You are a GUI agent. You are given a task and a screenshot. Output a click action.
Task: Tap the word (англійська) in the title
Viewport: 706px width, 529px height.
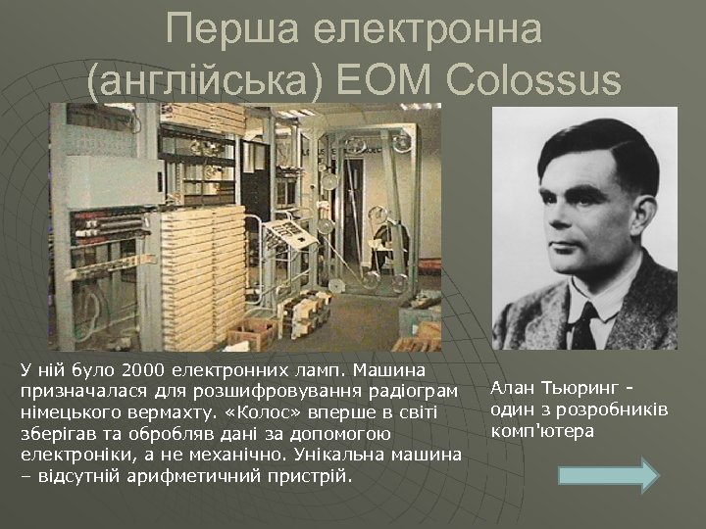[200, 78]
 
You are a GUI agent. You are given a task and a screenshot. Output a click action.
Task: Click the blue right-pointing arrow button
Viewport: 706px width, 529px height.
[608, 473]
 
